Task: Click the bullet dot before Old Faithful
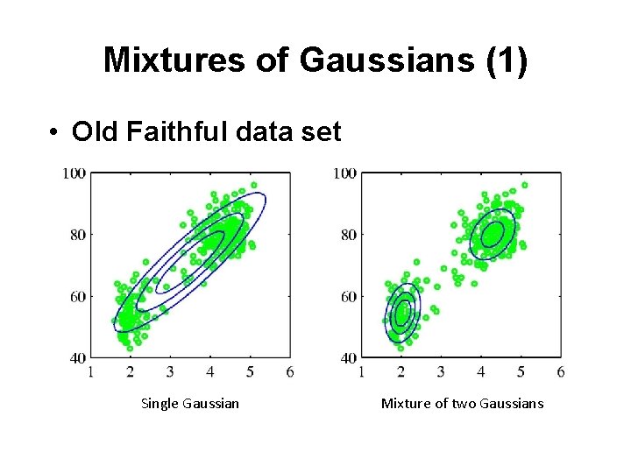[54, 132]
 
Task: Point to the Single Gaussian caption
[189, 403]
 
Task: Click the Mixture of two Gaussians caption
[462, 403]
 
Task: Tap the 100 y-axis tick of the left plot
[74, 173]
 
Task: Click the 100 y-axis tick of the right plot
[344, 173]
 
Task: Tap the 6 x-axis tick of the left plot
[290, 372]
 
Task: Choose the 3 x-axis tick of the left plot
[170, 372]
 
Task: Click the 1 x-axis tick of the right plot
[362, 372]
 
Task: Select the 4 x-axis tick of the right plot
[481, 372]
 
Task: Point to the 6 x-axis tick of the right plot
[560, 372]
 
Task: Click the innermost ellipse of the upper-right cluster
[493, 234]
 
